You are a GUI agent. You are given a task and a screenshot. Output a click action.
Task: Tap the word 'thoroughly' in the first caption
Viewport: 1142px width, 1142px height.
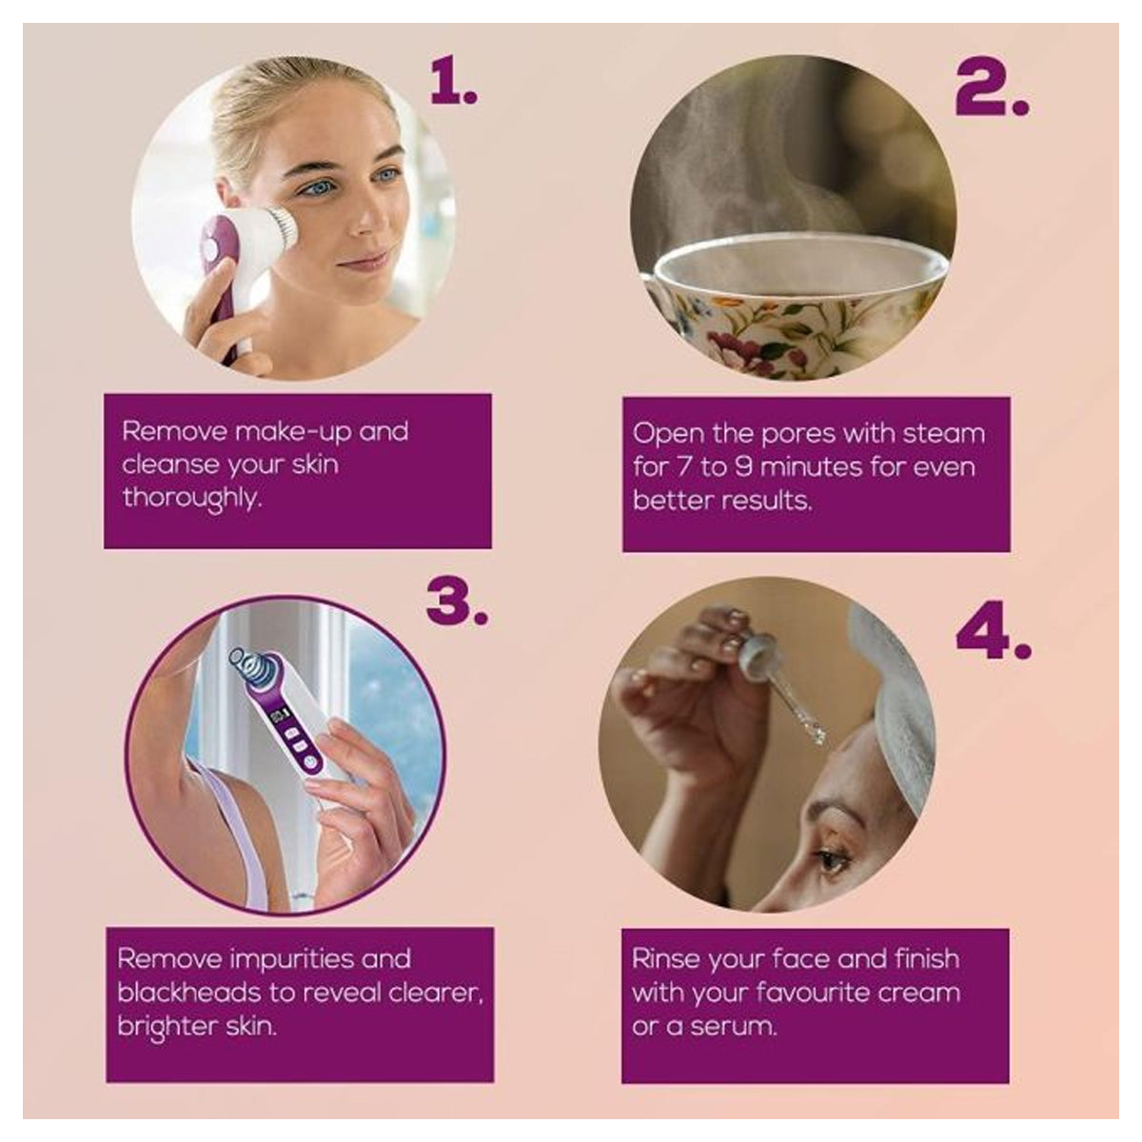(191, 499)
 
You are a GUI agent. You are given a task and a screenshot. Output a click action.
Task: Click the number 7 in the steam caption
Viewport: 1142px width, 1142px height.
(684, 467)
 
